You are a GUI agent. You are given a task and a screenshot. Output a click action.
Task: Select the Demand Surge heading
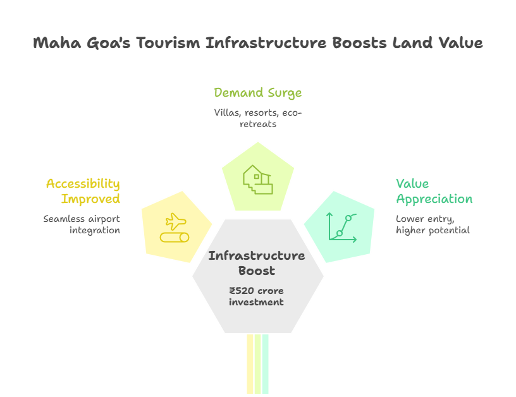257,93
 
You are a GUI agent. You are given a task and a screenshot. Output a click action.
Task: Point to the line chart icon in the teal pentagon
341,228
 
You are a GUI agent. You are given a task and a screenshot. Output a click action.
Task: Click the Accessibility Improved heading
83,191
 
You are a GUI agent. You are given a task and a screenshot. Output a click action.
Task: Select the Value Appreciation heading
434,191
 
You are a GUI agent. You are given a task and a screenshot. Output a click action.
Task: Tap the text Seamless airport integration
82,224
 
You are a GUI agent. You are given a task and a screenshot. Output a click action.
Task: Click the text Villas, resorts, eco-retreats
257,118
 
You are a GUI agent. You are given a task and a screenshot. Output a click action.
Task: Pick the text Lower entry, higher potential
433,224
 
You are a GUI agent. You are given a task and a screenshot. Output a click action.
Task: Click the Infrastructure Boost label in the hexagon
257,263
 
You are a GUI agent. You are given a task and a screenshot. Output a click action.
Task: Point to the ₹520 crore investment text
257,296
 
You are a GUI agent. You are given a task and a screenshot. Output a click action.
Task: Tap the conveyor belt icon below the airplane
175,237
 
